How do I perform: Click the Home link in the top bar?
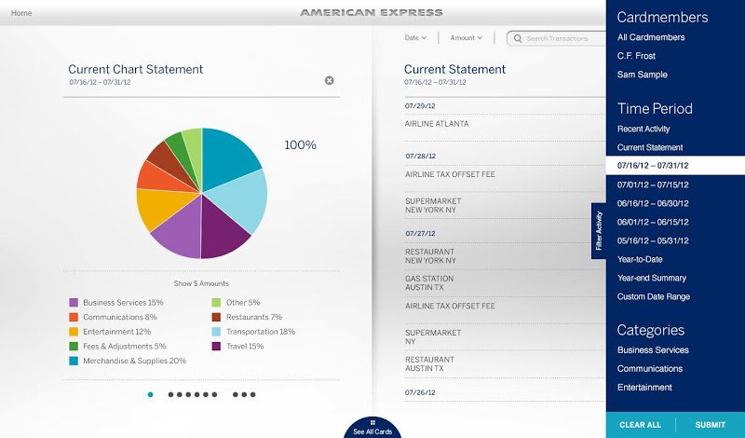21,13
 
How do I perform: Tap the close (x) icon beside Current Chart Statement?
329,80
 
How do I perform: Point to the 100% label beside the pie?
300,145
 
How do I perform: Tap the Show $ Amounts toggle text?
201,283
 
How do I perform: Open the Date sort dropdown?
415,38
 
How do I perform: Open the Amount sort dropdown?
466,38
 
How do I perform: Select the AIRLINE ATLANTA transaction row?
437,123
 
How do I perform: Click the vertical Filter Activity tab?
599,231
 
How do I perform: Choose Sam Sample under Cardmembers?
643,75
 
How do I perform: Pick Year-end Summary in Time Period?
652,278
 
